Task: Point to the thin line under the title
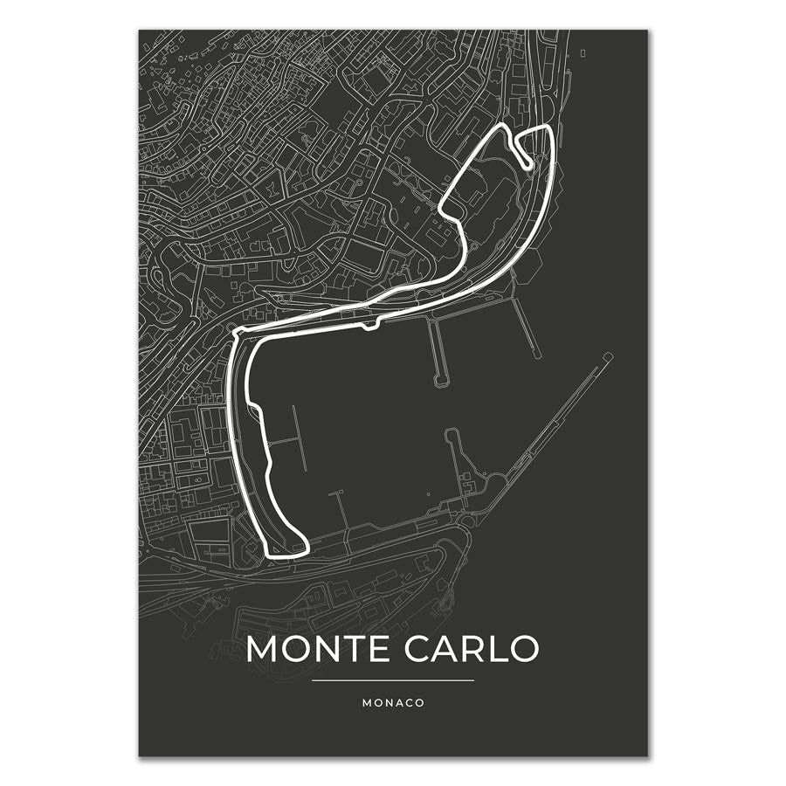click(x=393, y=680)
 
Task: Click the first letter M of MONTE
click(x=262, y=649)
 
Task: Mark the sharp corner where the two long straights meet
click(x=235, y=332)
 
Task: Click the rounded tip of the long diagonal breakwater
click(x=608, y=356)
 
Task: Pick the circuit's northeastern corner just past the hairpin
click(x=547, y=129)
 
